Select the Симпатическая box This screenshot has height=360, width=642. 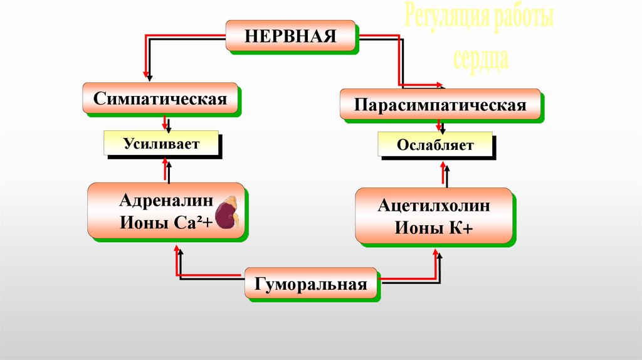point(160,98)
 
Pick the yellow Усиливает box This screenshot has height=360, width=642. point(160,144)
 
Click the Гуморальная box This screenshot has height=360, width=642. point(310,283)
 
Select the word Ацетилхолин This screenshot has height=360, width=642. point(434,206)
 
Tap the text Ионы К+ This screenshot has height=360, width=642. point(434,227)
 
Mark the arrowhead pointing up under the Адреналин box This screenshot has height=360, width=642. point(177,251)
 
